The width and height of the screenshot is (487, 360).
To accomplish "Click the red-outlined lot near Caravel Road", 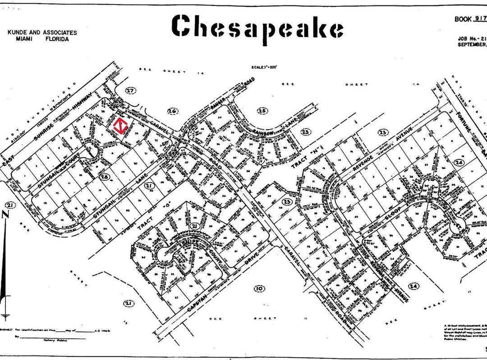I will pyautogui.click(x=119, y=127).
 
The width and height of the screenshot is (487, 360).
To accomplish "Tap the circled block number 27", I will pyautogui.click(x=130, y=91).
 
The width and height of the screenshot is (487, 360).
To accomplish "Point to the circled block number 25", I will pyautogui.click(x=262, y=110).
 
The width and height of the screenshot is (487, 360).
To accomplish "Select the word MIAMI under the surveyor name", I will pyautogui.click(x=25, y=39).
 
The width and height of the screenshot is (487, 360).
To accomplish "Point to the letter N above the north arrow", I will pyautogui.click(x=6, y=215).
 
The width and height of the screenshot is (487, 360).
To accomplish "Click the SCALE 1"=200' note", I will pyautogui.click(x=264, y=68).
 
